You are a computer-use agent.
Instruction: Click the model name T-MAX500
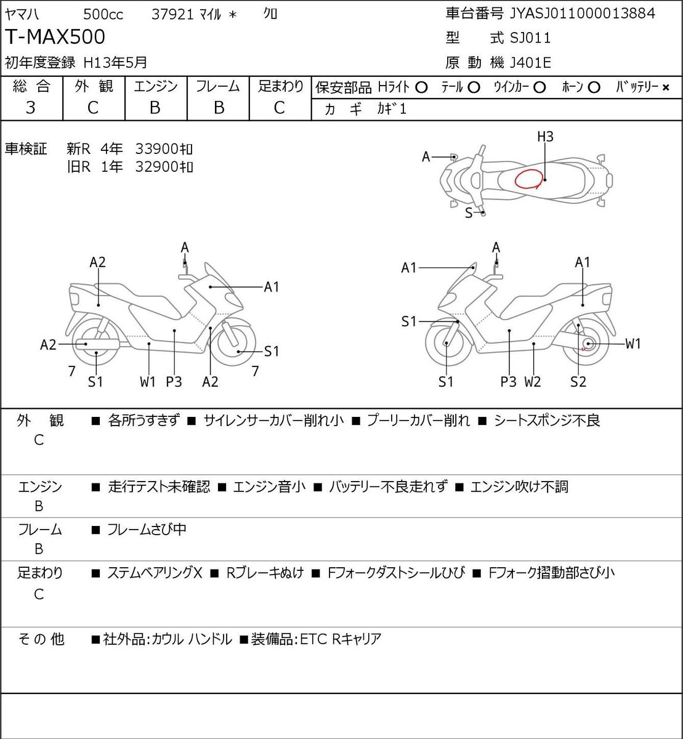[x=55, y=37]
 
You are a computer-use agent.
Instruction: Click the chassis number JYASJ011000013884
[x=582, y=14]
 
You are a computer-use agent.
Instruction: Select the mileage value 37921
[x=172, y=15]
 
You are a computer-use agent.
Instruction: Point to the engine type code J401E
[x=530, y=63]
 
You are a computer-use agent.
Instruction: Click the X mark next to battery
[x=666, y=88]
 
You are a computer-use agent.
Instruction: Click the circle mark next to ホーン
[x=594, y=88]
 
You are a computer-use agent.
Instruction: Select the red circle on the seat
[x=528, y=179]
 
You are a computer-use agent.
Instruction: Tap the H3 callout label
[x=545, y=137]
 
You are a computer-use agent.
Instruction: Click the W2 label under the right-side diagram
[x=533, y=382]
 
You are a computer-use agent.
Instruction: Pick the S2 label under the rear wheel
[x=578, y=382]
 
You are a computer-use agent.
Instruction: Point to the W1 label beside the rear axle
[x=632, y=344]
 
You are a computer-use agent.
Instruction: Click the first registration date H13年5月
[x=115, y=63]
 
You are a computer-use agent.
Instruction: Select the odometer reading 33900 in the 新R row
[x=156, y=149]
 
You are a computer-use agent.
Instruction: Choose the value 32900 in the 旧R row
[x=156, y=167]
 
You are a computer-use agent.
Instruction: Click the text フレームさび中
[x=147, y=529]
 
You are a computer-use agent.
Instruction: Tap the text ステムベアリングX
[x=155, y=573]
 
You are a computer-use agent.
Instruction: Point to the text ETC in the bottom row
[x=313, y=639]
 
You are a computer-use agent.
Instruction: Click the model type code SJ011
[x=530, y=38]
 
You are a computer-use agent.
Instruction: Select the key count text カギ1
[x=392, y=109]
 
